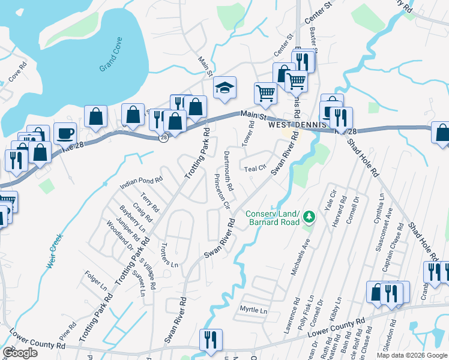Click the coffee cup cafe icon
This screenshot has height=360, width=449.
65,134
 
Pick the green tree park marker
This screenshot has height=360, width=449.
309,215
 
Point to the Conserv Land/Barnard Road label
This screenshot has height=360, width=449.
273,218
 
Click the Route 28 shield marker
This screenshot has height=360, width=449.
164,138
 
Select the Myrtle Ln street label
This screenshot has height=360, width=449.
253,310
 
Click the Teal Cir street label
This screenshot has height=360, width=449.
255,169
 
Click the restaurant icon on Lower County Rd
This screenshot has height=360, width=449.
211,340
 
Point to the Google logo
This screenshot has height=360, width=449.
20,353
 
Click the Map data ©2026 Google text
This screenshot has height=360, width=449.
411,355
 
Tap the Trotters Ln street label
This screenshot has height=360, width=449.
170,256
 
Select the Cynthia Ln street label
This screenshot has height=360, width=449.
379,208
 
